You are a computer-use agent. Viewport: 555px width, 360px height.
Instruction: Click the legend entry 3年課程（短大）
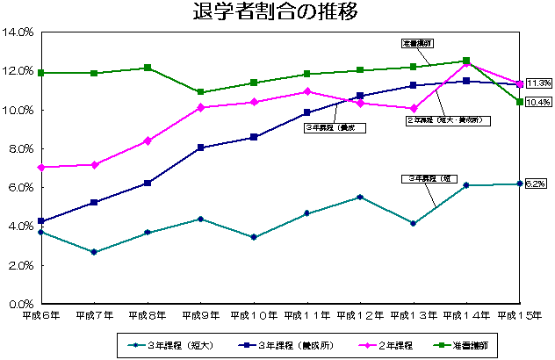coord(170,345)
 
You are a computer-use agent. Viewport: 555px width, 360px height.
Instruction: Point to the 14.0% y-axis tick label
coord(18,32)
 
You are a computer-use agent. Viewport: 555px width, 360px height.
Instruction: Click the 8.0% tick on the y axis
coord(20,148)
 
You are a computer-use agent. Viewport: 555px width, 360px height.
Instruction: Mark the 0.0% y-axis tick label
coord(20,304)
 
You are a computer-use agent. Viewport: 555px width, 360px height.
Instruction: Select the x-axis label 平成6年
coord(40,314)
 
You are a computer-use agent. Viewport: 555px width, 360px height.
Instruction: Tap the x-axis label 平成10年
coord(253,314)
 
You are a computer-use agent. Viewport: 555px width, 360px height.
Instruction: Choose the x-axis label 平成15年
coord(519,314)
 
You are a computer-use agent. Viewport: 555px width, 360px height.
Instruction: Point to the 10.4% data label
coord(537,102)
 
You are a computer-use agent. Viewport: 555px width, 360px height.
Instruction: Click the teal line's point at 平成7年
coord(94,252)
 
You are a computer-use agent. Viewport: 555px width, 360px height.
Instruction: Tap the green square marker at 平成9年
coord(200,92)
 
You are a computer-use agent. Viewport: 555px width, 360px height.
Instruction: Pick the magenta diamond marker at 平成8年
coord(147,140)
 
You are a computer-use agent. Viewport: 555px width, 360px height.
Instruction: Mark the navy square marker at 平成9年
coord(200,148)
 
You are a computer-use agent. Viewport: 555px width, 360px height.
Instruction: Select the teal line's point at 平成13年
coord(413,223)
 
